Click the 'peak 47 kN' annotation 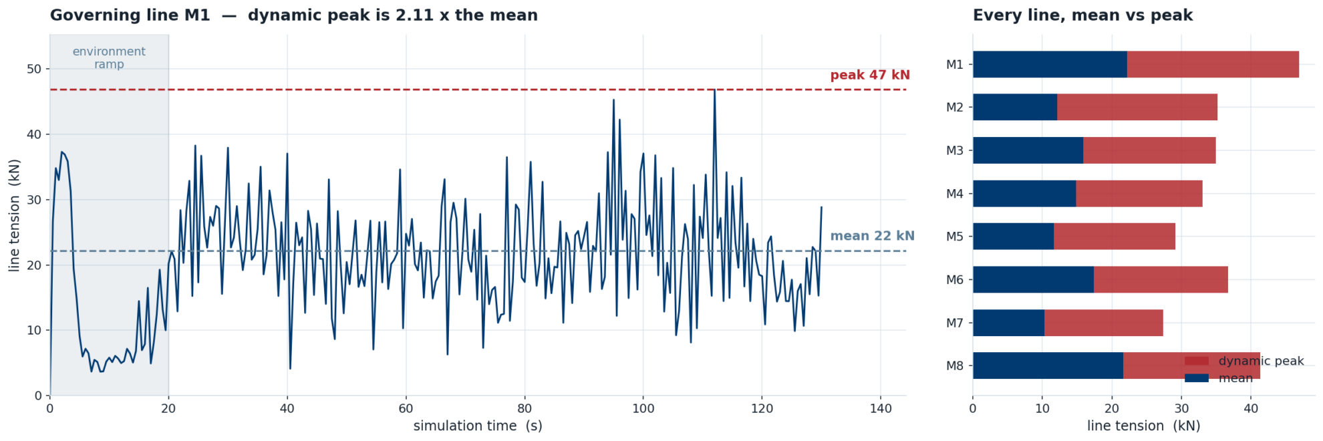[x=870, y=75]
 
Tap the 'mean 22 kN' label [x=872, y=236]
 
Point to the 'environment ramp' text [x=109, y=58]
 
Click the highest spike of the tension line [x=714, y=90]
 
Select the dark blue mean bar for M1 [x=1050, y=64]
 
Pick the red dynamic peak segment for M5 [x=1115, y=237]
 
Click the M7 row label [x=955, y=323]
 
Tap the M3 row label [x=955, y=150]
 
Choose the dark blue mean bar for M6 [x=1033, y=279]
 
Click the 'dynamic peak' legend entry [x=1244, y=361]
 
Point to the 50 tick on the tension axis [x=34, y=69]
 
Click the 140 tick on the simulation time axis [x=881, y=408]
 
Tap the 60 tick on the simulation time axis [x=406, y=408]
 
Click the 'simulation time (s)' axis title [x=478, y=426]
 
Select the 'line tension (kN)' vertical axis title [x=15, y=215]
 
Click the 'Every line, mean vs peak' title [x=1082, y=15]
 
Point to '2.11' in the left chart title [x=388, y=15]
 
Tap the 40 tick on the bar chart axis [x=1251, y=408]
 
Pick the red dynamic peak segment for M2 [x=1137, y=107]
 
